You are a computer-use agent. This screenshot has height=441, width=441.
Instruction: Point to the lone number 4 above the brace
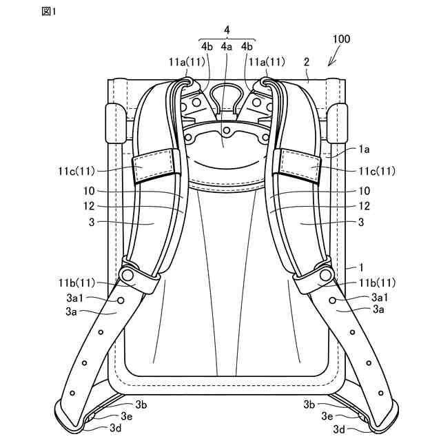227,30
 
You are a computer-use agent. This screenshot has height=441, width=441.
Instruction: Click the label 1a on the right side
363,148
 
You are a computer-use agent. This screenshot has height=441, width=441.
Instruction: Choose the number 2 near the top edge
306,62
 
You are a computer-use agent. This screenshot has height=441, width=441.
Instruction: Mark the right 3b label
309,403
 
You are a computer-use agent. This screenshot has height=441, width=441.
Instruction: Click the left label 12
96,206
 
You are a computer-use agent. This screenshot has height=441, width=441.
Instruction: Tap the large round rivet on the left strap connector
126,275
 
